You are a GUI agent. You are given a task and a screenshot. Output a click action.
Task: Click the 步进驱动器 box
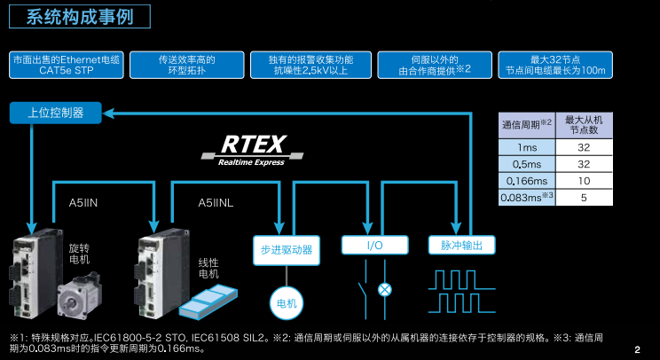pos(286,249)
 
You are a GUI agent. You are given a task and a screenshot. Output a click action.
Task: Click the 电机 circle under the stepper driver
pos(287,303)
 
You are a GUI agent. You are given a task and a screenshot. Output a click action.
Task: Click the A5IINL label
pos(217,202)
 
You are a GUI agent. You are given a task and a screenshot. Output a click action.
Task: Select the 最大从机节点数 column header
pos(585,124)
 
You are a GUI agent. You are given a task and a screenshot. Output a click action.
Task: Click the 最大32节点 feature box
pos(553,65)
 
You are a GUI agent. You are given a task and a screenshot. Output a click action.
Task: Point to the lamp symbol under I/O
pos(385,290)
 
